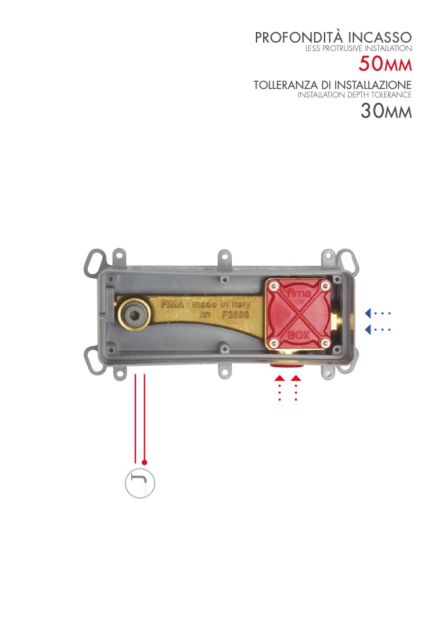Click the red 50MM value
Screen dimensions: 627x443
pyautogui.click(x=385, y=64)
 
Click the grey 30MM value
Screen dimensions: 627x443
pyautogui.click(x=385, y=111)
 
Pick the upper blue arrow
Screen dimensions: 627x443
pyautogui.click(x=368, y=312)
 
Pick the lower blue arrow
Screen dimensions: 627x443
pyautogui.click(x=368, y=329)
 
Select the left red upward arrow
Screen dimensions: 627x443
pyautogui.click(x=279, y=378)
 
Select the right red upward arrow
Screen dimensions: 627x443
pyautogui.click(x=296, y=378)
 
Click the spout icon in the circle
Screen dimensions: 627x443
pyautogui.click(x=139, y=484)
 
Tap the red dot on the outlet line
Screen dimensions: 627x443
pyautogui.click(x=145, y=462)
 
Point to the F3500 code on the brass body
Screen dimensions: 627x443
pyautogui.click(x=234, y=315)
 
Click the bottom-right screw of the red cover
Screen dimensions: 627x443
pyautogui.click(x=325, y=342)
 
